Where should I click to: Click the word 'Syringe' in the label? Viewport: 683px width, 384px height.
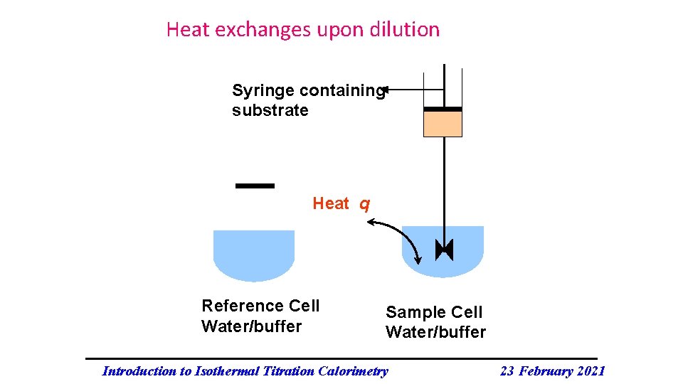tap(263, 91)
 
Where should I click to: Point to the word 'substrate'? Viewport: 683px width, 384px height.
tap(270, 111)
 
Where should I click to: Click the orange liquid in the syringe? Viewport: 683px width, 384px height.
tap(443, 124)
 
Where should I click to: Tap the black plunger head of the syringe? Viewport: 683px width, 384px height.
tap(443, 109)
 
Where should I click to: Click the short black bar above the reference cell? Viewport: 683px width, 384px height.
tap(255, 186)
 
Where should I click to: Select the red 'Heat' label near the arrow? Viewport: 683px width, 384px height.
tap(331, 204)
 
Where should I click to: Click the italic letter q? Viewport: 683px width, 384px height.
tap(364, 205)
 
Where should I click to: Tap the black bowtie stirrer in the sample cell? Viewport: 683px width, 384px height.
tap(444, 250)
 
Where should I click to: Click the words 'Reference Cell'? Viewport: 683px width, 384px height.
tap(260, 306)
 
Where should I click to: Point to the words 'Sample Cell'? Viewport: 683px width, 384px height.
tap(434, 312)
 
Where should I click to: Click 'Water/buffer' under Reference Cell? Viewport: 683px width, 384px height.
tap(252, 326)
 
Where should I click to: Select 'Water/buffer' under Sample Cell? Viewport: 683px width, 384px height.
tap(435, 332)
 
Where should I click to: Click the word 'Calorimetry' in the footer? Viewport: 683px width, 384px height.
tap(354, 370)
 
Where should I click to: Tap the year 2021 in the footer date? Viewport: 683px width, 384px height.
tap(589, 370)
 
